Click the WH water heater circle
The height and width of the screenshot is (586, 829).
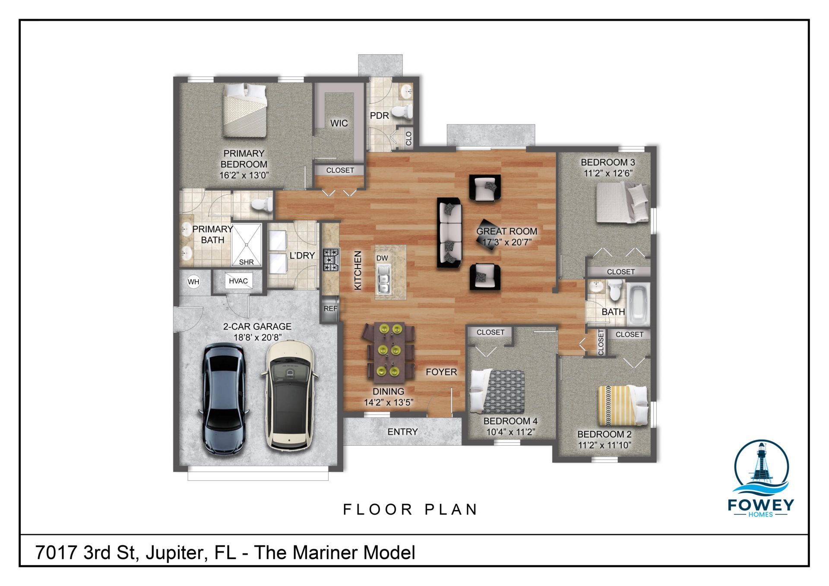(193, 282)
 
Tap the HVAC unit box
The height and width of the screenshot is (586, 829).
(238, 281)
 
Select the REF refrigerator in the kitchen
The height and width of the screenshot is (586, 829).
(330, 308)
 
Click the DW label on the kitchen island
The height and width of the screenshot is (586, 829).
(382, 258)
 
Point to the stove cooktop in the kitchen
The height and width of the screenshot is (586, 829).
(331, 260)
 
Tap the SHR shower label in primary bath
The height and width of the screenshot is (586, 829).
(247, 262)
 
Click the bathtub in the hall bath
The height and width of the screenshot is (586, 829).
(638, 304)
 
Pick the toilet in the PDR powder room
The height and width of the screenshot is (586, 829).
(403, 112)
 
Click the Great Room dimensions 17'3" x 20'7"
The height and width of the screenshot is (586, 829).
(506, 242)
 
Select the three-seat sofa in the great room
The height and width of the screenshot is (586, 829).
(449, 232)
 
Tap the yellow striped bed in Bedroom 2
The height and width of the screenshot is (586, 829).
(622, 405)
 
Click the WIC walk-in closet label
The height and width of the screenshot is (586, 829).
(339, 124)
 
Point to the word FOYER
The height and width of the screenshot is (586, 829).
(441, 372)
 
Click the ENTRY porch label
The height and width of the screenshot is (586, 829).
(402, 432)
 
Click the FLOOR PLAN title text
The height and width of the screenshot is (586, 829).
(410, 510)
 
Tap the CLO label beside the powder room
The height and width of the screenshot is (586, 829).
(408, 138)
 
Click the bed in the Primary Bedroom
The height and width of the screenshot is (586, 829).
(244, 110)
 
